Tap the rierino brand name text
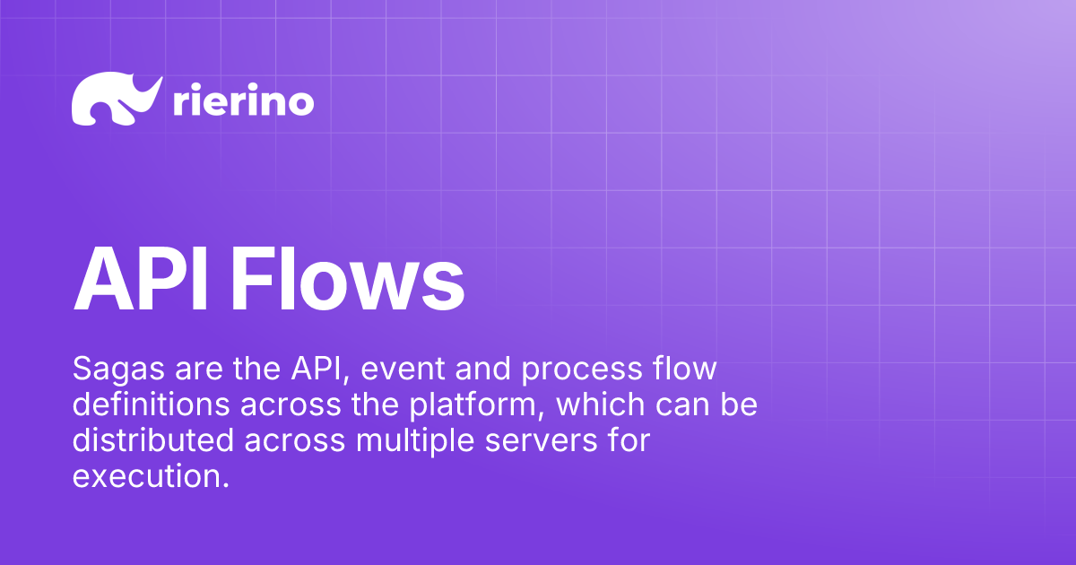point(242,101)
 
